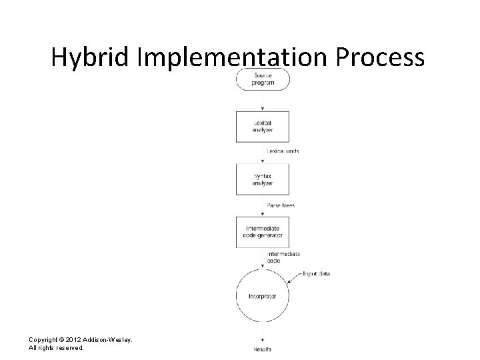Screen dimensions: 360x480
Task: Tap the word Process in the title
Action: coord(379,59)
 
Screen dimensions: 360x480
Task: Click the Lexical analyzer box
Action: coord(262,125)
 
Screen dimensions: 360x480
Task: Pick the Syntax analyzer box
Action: coord(262,179)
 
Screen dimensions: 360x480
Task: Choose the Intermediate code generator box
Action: coord(262,232)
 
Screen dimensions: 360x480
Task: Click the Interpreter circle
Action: coord(262,295)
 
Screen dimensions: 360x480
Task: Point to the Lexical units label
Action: coord(283,151)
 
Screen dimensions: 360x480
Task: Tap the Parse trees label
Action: coord(280,205)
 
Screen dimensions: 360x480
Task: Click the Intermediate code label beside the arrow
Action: coord(283,257)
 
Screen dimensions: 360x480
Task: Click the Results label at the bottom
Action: coord(262,349)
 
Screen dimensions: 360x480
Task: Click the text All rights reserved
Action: coord(56,348)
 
